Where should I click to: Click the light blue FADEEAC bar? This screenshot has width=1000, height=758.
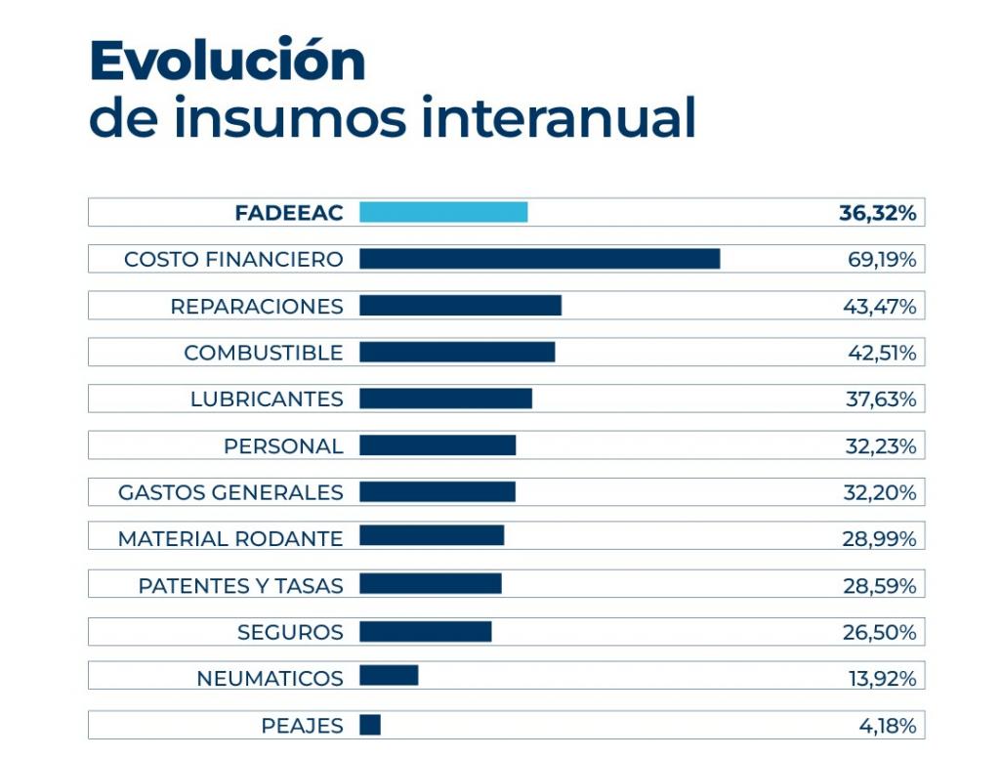443,212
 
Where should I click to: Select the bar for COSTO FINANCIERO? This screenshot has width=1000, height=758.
539,259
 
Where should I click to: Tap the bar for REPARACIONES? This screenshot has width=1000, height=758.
460,306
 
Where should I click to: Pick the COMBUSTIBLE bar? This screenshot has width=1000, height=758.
457,352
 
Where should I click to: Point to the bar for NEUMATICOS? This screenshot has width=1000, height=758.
389,676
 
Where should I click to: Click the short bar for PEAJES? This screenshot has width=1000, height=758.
370,725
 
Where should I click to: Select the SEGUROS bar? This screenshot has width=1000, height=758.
425,631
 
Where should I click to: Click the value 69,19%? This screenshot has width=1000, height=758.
881,260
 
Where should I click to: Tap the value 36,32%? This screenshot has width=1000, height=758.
877,213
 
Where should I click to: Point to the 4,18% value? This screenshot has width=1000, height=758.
887,726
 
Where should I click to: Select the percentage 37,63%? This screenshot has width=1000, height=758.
880,400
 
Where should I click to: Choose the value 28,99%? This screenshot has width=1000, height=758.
879,539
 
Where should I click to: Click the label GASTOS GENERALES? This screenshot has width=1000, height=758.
230,492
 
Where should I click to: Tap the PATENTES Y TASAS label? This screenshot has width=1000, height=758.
240,586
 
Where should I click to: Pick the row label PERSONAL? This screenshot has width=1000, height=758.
283,446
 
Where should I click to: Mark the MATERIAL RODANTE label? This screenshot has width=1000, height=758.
230,539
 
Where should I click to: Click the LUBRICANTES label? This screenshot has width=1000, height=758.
267,400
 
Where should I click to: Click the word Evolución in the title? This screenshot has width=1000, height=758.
228,62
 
